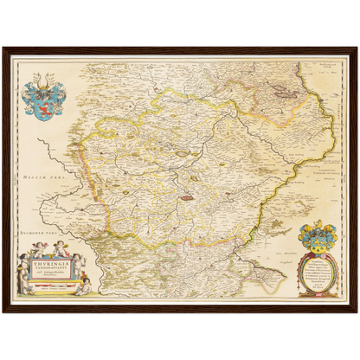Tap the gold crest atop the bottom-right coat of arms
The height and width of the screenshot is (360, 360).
coord(317,223)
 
